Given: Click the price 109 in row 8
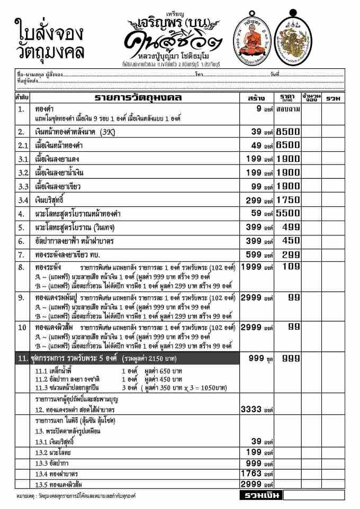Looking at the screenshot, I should click(291, 267).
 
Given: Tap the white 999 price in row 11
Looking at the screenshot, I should click(291, 358).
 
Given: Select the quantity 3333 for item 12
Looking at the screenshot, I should click(252, 410).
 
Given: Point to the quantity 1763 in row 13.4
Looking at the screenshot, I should click(252, 474).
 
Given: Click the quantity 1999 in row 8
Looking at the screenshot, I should click(252, 267).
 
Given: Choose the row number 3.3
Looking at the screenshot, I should click(21, 187).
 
